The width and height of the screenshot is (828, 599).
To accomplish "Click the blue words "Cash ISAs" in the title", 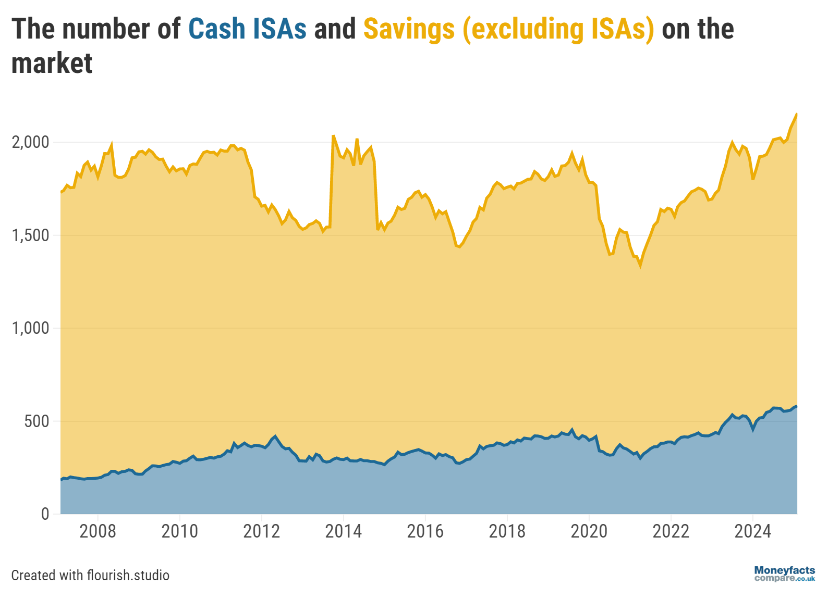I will click(247, 29).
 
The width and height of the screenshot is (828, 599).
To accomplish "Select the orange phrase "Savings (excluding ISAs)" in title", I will click(508, 29).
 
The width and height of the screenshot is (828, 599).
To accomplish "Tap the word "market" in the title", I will click(52, 64).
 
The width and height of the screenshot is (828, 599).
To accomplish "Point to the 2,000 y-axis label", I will click(30, 142).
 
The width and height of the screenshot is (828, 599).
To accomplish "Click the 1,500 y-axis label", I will click(30, 235).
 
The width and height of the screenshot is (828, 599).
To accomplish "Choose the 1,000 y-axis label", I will click(30, 328).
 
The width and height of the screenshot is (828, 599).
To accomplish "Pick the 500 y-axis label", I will click(36, 421).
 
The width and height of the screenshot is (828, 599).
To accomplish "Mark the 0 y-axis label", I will click(45, 514).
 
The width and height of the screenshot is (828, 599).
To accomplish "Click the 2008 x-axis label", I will click(98, 531).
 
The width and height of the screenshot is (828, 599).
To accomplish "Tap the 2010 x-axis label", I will click(179, 531).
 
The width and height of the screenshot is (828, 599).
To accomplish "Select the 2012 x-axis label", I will click(261, 531).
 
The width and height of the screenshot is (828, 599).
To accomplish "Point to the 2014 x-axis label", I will click(343, 531).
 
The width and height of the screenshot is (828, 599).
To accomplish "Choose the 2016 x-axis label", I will click(425, 531).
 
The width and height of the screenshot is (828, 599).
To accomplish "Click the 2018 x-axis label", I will click(507, 531).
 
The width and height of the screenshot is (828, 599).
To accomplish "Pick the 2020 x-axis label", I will click(589, 531).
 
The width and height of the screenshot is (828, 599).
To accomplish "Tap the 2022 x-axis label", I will click(671, 531).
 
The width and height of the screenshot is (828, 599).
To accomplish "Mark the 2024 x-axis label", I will click(752, 531).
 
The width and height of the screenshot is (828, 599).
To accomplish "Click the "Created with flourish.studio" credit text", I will click(90, 575).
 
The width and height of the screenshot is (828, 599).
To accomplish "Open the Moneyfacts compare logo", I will click(784, 574).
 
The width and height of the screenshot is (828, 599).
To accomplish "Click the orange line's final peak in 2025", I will click(796, 114).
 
